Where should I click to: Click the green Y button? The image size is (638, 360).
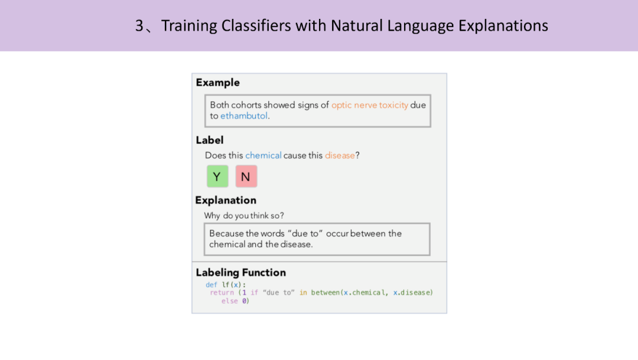coord(217,176)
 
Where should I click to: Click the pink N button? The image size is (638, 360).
coord(246,176)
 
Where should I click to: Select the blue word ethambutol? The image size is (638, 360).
coord(244,116)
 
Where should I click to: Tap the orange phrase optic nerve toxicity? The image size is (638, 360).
coord(369,105)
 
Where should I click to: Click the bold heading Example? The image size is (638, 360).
coord(217,83)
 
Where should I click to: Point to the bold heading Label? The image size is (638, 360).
coord(210,140)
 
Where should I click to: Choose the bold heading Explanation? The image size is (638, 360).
coord(226,200)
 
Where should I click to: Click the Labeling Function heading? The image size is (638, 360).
coord(241,273)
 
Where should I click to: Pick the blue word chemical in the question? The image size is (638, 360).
coord(263,155)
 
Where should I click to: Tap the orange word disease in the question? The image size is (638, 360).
coord(340,155)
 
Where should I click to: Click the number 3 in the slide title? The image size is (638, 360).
coord(139,25)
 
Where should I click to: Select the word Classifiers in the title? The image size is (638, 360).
coord(256,25)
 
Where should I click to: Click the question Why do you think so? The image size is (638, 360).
coord(244,216)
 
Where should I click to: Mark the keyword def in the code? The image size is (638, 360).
coord(211,285)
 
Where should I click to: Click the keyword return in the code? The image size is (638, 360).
coord(222,293)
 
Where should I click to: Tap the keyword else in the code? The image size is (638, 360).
coord(229,301)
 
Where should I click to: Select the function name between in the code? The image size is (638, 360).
coord(325,293)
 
